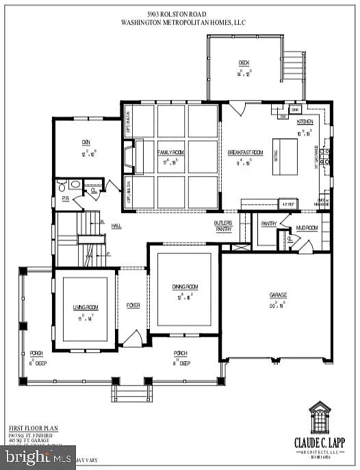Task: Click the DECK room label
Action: point(244,62)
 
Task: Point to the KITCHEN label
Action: point(305,121)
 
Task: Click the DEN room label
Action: point(86,143)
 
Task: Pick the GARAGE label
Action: point(278,295)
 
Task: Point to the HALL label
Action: point(117,225)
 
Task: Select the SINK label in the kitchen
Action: point(296,109)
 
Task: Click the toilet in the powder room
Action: point(62,184)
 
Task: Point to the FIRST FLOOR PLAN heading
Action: point(34,428)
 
